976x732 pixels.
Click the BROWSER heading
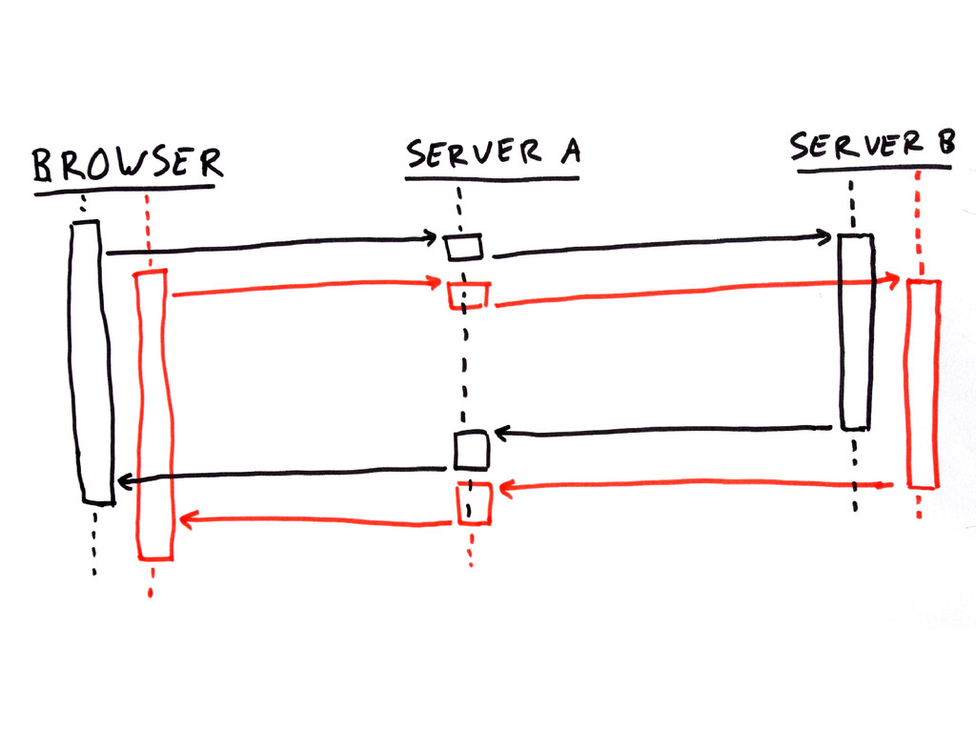point(127,164)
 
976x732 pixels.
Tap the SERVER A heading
point(493,154)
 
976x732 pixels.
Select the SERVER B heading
point(870,146)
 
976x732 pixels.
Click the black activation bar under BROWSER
point(91,362)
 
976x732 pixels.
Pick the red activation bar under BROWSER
point(155,415)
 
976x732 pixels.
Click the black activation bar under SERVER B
point(855,332)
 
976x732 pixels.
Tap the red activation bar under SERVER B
point(923,383)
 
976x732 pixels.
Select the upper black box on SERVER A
point(465,247)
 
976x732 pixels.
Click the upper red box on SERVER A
point(468,295)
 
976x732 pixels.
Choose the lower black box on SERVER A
point(471,450)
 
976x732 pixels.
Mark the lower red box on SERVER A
point(474,502)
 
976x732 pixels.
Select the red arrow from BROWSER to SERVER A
point(305,287)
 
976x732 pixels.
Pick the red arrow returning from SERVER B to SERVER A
point(696,486)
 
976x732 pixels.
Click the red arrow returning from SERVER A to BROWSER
point(315,520)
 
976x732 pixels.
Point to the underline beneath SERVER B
point(874,170)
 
